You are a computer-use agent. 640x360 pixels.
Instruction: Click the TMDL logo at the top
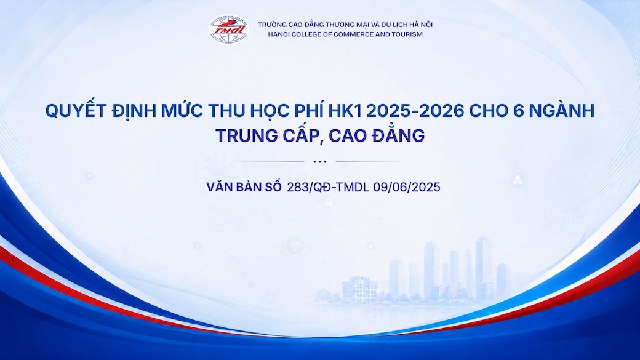pos(228,29)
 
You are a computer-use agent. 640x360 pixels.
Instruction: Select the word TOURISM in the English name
pos(407,34)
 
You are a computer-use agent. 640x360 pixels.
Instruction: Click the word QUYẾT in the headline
pos(76,111)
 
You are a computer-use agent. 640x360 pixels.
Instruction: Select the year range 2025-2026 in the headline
pos(415,111)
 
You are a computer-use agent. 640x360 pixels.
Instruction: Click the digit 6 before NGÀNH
pos(518,111)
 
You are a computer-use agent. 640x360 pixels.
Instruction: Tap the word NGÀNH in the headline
pos(562,110)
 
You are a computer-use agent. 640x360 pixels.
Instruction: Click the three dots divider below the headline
pos(320,162)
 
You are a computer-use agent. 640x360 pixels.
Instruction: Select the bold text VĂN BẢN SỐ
pos(244,186)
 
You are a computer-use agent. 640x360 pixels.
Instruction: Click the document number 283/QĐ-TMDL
pos(328,187)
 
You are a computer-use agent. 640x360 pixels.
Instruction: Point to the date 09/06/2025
pos(407,187)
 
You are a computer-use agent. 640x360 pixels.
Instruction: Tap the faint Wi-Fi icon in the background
pos(295,246)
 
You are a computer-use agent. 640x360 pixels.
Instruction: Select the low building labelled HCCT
pos(359,289)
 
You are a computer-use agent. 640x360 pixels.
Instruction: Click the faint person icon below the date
pos(329,202)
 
